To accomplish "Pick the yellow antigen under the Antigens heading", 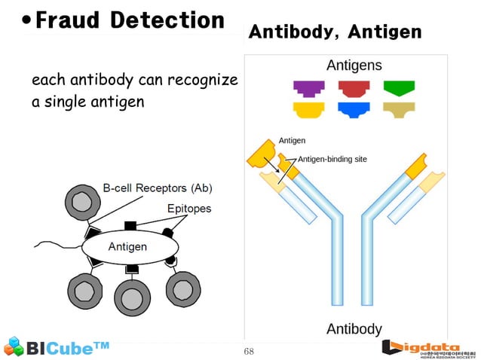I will tap(308, 110).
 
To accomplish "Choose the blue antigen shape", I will tap(354, 110).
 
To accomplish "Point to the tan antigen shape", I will tap(399, 110).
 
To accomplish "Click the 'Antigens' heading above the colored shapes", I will tap(354, 66).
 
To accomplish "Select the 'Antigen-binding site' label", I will tap(332, 159).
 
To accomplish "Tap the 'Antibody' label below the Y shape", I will tap(354, 329).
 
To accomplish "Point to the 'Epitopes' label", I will tap(189, 208).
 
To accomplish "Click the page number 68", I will tap(250, 352).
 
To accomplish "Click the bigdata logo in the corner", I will tap(428, 347).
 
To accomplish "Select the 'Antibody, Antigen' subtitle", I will tap(334, 32).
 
